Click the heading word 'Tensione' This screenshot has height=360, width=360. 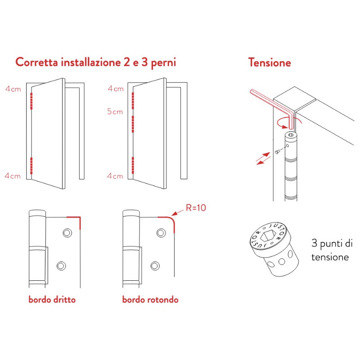269,63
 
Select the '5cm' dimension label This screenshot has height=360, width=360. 115,112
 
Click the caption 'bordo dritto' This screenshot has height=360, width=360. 52,300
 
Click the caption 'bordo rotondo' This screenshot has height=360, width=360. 150,300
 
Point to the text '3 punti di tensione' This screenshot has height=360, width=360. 332,251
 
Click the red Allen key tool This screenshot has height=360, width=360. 270,101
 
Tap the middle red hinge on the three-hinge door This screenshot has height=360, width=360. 134,124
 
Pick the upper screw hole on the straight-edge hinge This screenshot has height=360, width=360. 67,232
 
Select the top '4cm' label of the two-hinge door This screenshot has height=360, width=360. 13,89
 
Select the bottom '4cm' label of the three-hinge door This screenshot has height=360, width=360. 115,176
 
